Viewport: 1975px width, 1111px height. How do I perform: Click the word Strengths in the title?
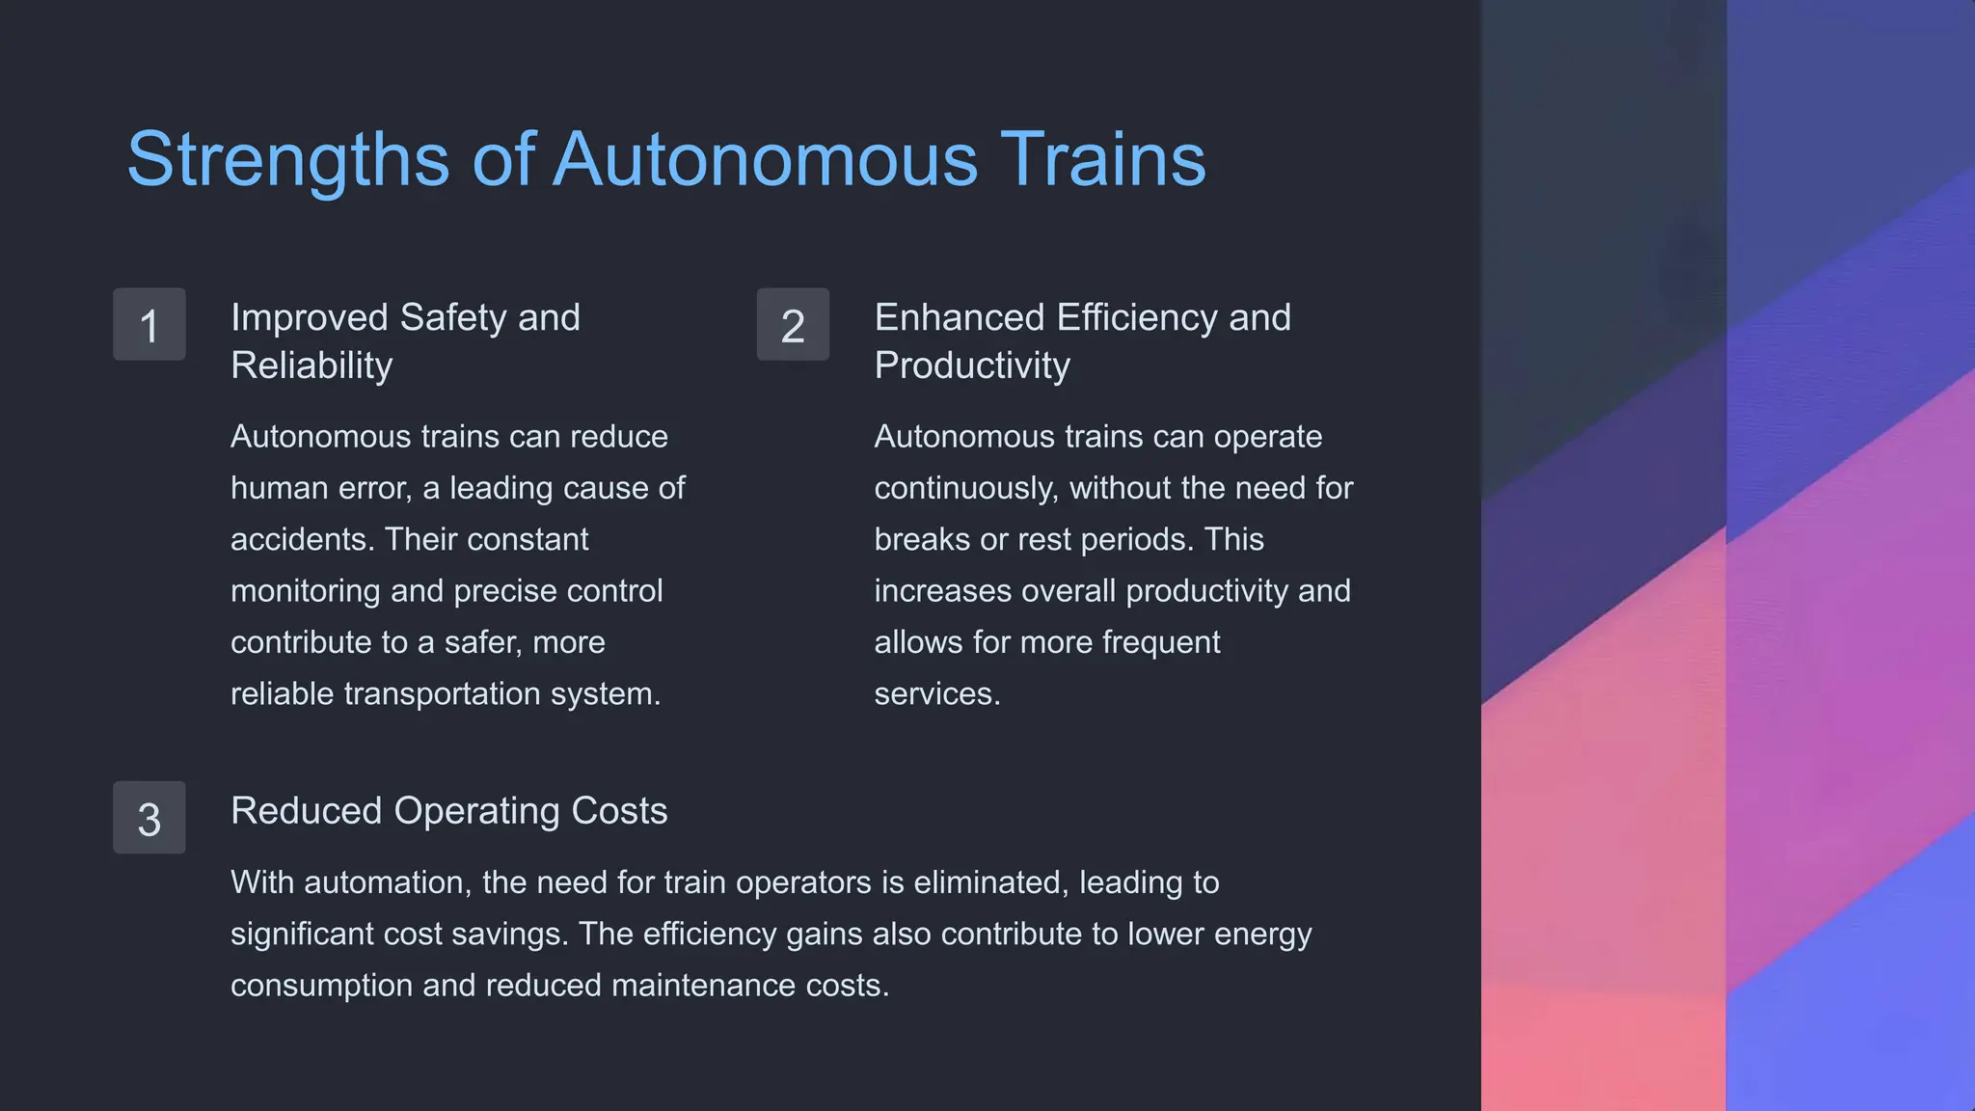288,160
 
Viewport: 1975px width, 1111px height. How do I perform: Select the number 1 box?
149,325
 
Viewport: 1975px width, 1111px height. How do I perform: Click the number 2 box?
793,325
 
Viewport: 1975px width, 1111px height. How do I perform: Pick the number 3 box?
149,818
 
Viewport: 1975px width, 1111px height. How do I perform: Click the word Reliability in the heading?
311,366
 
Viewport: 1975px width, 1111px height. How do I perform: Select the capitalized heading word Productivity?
972,366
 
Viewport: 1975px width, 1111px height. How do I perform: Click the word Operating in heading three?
477,811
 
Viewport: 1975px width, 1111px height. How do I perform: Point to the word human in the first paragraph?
273,488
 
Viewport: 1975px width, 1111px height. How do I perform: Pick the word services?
937,693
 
